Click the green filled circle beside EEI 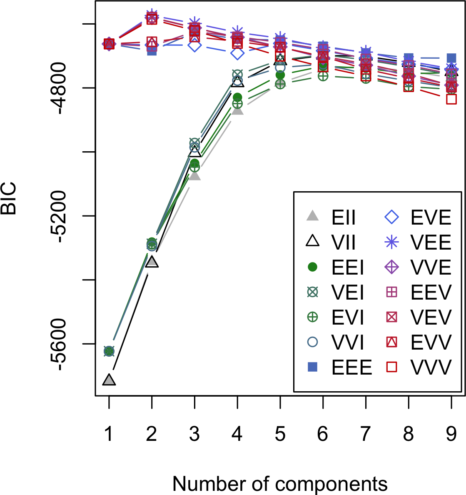point(312,267)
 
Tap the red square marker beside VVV point(392,367)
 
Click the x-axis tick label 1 point(109,435)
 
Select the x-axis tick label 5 point(280,435)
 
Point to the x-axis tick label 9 point(451,435)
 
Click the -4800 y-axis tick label point(65,88)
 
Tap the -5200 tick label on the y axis point(65,216)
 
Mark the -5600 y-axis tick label point(65,344)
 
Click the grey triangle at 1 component point(109,380)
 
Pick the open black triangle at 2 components point(152,262)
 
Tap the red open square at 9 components point(451,99)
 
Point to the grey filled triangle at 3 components point(194,176)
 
